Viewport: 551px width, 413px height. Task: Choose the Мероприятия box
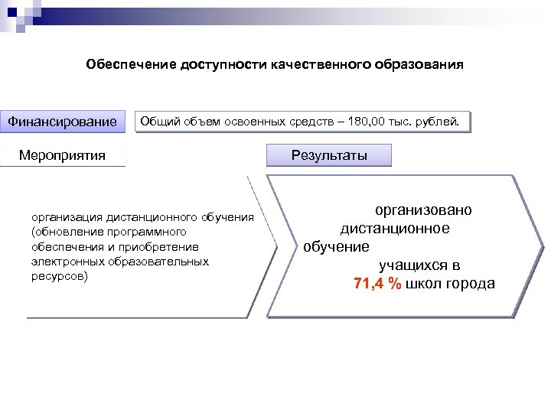click(x=63, y=156)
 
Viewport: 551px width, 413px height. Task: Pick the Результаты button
click(x=328, y=156)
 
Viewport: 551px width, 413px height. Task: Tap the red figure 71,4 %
click(x=377, y=284)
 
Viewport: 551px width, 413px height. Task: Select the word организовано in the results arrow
click(x=422, y=210)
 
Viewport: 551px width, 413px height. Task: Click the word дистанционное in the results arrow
click(x=395, y=228)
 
